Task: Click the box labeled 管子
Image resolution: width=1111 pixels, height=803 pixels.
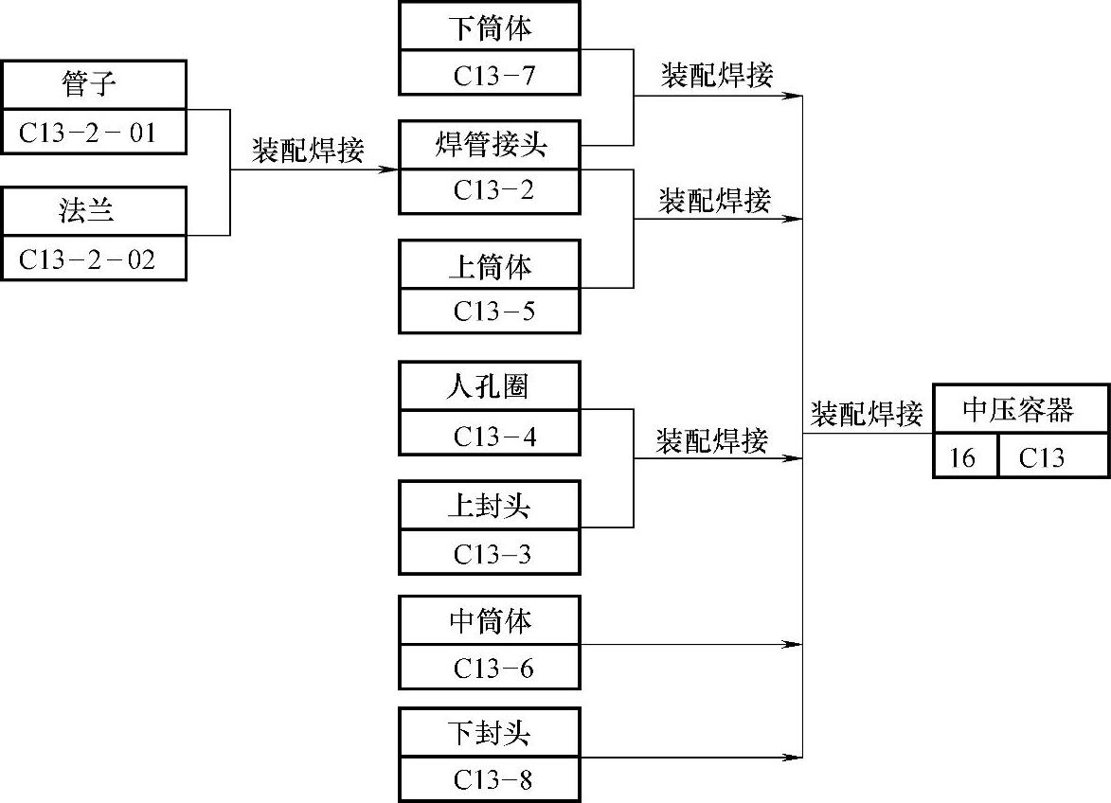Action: click(x=93, y=86)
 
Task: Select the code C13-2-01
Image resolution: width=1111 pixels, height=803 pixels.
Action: click(x=93, y=134)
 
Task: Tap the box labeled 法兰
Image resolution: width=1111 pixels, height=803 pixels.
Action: click(x=93, y=210)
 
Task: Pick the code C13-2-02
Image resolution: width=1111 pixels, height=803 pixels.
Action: click(x=93, y=259)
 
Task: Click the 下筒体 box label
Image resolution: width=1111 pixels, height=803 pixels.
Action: click(x=490, y=27)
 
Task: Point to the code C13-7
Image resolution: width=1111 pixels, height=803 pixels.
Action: click(x=490, y=74)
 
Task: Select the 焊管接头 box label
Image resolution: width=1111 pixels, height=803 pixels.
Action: click(x=490, y=146)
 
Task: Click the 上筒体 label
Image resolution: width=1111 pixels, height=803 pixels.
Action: click(x=490, y=265)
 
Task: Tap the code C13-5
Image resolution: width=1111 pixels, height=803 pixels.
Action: click(x=490, y=311)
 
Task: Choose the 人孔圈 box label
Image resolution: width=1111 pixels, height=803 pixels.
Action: click(x=490, y=386)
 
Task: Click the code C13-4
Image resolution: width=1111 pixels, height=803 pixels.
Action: click(x=490, y=436)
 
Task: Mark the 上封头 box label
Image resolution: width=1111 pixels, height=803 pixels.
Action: click(x=490, y=506)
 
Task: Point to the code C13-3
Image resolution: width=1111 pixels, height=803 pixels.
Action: click(x=490, y=553)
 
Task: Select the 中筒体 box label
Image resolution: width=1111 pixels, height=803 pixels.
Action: click(x=490, y=621)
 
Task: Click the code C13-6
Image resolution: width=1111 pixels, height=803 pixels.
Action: click(x=490, y=669)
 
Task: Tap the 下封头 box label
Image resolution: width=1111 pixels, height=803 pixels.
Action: click(x=490, y=733)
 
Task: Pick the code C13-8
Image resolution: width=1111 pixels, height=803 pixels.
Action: click(x=490, y=780)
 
